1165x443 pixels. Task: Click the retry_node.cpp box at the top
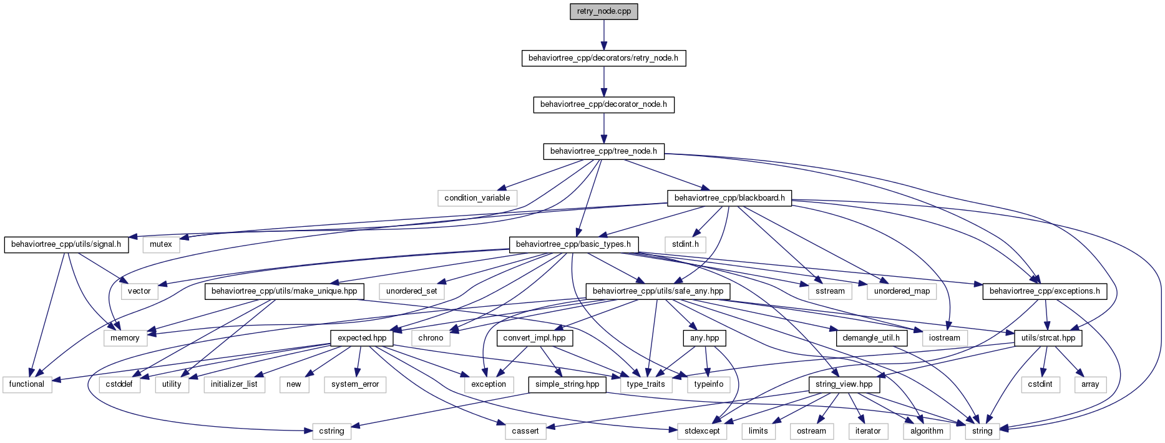603,12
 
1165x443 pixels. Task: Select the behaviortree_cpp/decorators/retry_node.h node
603,58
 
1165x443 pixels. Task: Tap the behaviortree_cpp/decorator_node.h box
603,104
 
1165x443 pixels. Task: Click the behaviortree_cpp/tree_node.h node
603,151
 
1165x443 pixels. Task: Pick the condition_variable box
477,198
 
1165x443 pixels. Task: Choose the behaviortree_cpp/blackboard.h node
729,198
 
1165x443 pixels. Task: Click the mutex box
161,244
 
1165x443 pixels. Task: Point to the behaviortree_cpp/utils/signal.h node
66,244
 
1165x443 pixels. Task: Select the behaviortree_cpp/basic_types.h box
573,244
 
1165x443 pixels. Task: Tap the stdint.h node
685,244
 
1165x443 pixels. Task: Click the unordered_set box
412,291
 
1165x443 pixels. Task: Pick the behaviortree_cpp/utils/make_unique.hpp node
285,291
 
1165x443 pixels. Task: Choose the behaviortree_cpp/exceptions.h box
1045,291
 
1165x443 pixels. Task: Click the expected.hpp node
362,338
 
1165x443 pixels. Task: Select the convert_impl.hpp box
534,338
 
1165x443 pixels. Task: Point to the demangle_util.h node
871,338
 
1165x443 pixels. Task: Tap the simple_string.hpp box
567,384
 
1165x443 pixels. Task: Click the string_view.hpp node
844,384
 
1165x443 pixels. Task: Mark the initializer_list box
234,384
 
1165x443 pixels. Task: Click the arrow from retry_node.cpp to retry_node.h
603,35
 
